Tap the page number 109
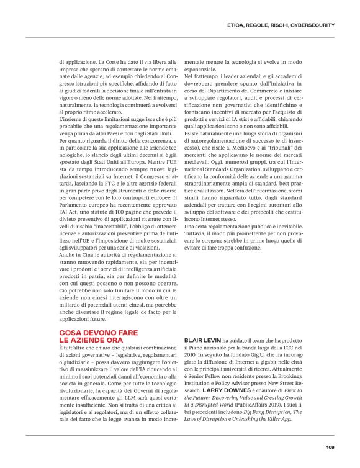(330, 446)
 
